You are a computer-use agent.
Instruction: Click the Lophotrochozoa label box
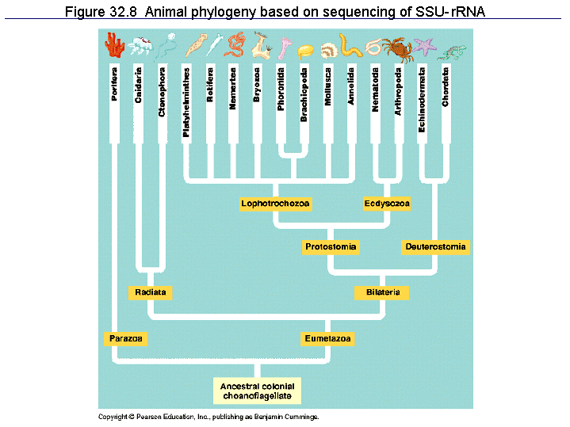click(276, 204)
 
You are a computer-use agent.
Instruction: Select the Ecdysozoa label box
click(387, 204)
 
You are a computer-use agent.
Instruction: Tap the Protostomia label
click(331, 247)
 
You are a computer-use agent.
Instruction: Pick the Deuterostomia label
click(435, 247)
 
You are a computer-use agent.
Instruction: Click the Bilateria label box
click(382, 293)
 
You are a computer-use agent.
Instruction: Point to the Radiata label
click(150, 293)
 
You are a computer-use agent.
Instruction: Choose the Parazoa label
click(126, 338)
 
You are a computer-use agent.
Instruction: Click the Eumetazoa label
click(328, 338)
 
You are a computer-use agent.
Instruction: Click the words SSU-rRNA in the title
click(446, 13)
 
